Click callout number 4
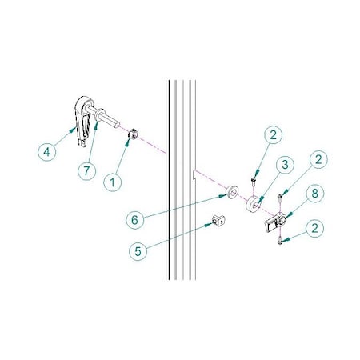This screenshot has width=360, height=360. (x=47, y=152)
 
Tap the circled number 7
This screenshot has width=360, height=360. (x=86, y=171)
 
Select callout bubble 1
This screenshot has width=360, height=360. (x=113, y=182)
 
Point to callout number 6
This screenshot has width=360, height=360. (x=135, y=220)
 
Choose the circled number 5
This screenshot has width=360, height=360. (x=138, y=251)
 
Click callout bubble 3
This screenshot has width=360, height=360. (x=285, y=165)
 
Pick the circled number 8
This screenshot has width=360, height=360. (x=315, y=194)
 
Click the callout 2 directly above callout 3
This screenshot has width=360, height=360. (x=273, y=135)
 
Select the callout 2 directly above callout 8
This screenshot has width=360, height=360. (x=318, y=159)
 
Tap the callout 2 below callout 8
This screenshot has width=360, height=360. (x=315, y=228)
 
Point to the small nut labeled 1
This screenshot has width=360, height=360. (x=133, y=134)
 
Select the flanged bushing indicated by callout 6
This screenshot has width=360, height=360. (x=231, y=192)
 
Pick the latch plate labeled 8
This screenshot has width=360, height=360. (x=274, y=222)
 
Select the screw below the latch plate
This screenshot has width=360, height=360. (x=279, y=241)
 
